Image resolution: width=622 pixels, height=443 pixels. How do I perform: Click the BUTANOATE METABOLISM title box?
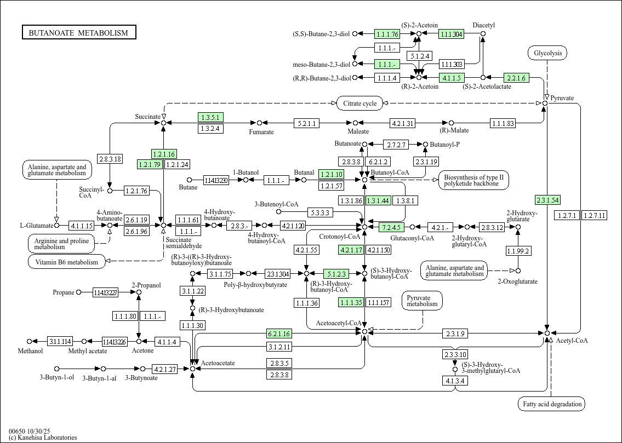click(x=79, y=32)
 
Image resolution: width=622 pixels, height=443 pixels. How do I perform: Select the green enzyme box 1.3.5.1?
click(x=210, y=117)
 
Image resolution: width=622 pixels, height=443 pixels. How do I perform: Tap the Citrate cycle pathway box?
click(x=360, y=103)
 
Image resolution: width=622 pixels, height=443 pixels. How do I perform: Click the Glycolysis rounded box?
click(x=547, y=53)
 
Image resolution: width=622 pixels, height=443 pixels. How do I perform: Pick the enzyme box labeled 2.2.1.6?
click(x=516, y=78)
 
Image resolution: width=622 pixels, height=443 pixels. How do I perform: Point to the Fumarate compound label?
click(x=261, y=132)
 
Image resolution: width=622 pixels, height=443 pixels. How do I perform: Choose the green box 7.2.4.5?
click(x=392, y=227)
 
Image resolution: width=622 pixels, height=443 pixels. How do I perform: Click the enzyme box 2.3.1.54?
click(x=547, y=200)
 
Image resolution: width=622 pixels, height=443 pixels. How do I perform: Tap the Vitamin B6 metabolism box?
click(x=67, y=262)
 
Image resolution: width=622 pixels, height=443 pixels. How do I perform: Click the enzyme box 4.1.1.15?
click(x=81, y=226)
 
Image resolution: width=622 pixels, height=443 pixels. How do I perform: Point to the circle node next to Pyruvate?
click(x=545, y=103)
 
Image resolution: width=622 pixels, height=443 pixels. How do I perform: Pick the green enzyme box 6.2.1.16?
click(x=279, y=333)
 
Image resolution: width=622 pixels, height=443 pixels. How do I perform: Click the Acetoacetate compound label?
click(x=218, y=363)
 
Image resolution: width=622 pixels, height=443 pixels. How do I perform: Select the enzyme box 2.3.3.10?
click(x=455, y=354)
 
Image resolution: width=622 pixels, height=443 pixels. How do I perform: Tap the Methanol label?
click(x=30, y=351)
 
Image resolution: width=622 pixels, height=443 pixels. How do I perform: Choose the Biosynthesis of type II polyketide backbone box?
click(x=473, y=180)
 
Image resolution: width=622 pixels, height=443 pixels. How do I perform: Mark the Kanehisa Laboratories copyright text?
click(x=43, y=438)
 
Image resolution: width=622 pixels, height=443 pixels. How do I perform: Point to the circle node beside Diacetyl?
click(x=483, y=34)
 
